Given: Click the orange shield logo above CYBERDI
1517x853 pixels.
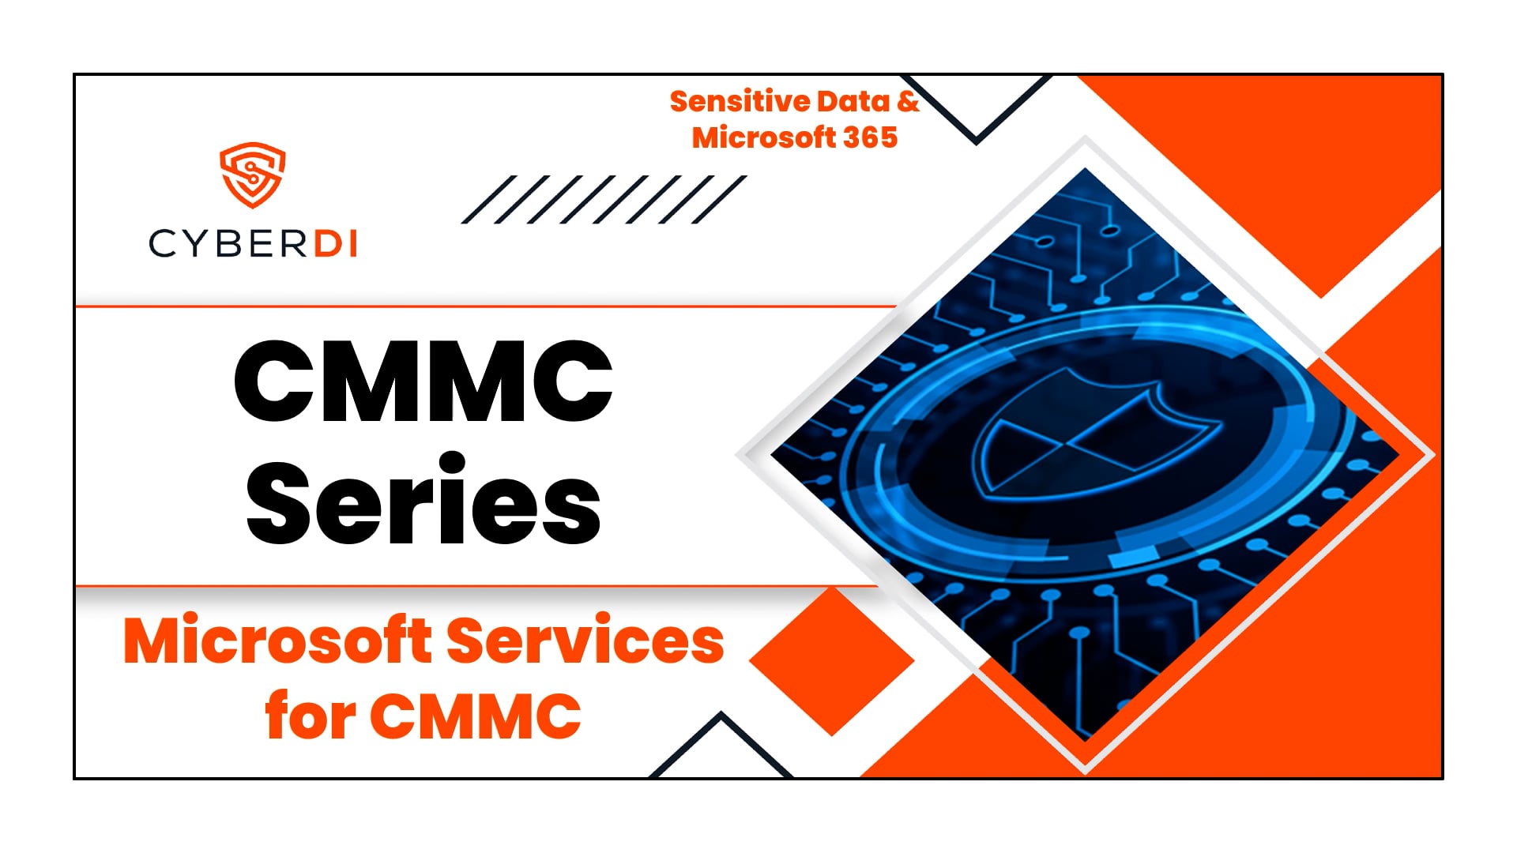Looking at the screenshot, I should pos(252,175).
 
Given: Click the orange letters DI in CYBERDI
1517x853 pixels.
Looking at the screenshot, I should pos(336,244).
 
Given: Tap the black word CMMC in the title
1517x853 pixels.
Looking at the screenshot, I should pos(423,381).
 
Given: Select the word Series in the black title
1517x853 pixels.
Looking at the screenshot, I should pos(423,502).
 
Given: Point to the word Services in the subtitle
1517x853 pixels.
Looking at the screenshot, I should pos(585,641).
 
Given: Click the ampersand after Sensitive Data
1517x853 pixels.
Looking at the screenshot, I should pos(908,102).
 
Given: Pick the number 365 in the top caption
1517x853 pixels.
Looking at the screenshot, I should pos(870,138).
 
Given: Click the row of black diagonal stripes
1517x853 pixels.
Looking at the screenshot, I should pos(604,200).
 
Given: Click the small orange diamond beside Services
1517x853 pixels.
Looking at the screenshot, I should pos(831,662).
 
